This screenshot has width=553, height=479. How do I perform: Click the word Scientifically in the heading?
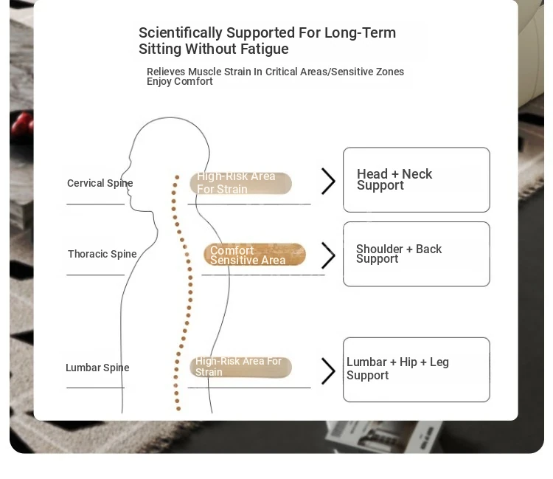pyautogui.click(x=181, y=33)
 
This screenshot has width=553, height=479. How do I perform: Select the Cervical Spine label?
pyautogui.click(x=100, y=183)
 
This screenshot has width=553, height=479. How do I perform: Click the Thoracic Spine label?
pyautogui.click(x=102, y=254)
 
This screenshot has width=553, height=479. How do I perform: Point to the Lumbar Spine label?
pyautogui.click(x=97, y=368)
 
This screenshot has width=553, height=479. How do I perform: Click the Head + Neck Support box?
pyautogui.click(x=417, y=180)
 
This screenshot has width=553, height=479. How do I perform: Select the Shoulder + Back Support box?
pyautogui.click(x=417, y=254)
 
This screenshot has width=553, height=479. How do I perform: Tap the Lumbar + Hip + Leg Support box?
pyautogui.click(x=417, y=370)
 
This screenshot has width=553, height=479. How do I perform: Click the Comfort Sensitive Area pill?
pyautogui.click(x=254, y=255)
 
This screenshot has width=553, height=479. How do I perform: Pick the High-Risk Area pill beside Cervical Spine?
pyautogui.click(x=241, y=183)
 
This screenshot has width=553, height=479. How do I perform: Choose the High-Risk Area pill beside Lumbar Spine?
pyautogui.click(x=241, y=367)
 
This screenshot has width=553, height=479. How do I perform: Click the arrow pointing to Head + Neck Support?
pyautogui.click(x=328, y=181)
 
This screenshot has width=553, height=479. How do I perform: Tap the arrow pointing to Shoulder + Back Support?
pyautogui.click(x=328, y=255)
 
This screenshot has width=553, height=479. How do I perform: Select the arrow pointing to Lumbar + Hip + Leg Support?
pyautogui.click(x=328, y=371)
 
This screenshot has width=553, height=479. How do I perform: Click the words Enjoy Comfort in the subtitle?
pyautogui.click(x=179, y=82)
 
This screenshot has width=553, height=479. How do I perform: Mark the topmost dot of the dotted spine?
pyautogui.click(x=177, y=177)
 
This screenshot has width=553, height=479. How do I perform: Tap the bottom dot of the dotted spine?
pyautogui.click(x=178, y=409)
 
